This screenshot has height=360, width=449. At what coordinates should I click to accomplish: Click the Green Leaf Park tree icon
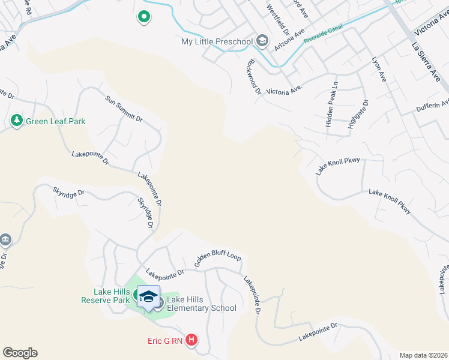click(16, 121)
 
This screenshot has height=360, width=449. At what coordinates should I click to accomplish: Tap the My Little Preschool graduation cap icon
click(262, 41)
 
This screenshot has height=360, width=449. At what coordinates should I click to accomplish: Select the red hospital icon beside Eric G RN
click(191, 341)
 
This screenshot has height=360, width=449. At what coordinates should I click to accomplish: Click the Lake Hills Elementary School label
click(201, 304)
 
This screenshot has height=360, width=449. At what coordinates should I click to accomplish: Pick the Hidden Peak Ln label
click(331, 104)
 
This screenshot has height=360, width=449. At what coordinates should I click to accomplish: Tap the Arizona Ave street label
click(289, 40)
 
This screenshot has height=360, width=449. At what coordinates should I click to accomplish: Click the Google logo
click(20, 353)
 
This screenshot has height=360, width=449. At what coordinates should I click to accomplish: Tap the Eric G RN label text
click(165, 341)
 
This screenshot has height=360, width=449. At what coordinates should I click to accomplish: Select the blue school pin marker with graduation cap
click(149, 297)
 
